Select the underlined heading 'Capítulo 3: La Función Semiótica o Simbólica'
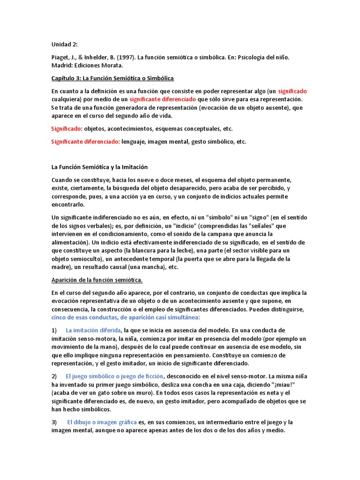point(112,78)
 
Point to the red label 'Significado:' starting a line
point(67,128)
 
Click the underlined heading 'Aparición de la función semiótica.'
point(97,280)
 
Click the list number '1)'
point(54,330)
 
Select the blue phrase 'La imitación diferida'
point(93,330)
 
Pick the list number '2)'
point(54,376)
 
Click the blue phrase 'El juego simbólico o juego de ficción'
point(114,376)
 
